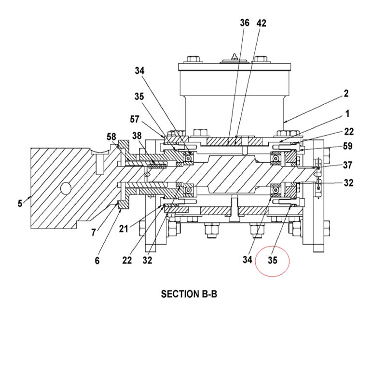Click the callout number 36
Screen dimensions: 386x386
click(x=245, y=23)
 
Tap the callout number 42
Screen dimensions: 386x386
click(x=261, y=23)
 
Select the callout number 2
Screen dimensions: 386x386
click(x=346, y=94)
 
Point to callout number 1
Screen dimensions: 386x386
click(x=347, y=114)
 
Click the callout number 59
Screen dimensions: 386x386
click(x=347, y=146)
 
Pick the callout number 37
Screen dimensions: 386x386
click(x=347, y=165)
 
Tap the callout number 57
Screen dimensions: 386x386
click(x=135, y=119)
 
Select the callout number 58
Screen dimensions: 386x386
click(x=111, y=137)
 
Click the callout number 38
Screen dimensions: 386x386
click(x=137, y=136)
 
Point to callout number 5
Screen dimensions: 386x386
click(x=20, y=204)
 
